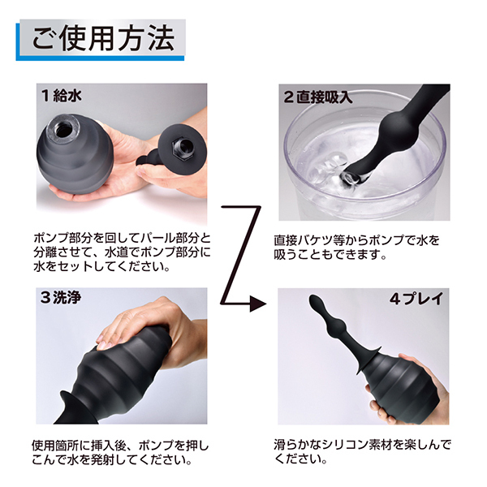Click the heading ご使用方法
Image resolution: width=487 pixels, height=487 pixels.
coord(103,38)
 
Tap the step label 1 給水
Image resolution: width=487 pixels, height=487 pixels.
coord(62,95)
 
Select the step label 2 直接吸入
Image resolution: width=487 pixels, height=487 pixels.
coord(317,97)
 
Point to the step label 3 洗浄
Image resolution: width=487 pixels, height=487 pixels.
coord(61,298)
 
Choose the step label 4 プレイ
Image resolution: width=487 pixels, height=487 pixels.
coord(416,299)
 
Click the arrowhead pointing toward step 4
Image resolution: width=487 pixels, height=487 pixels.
coord(258,304)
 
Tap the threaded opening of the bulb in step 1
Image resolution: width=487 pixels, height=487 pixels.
coord(63,128)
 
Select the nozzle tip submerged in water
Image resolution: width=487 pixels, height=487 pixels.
coord(354,178)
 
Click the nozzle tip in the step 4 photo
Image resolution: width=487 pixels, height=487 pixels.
coord(314,301)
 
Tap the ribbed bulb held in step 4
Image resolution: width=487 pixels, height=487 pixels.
coord(400,389)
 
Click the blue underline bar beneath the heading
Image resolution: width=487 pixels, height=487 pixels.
coord(100,58)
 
